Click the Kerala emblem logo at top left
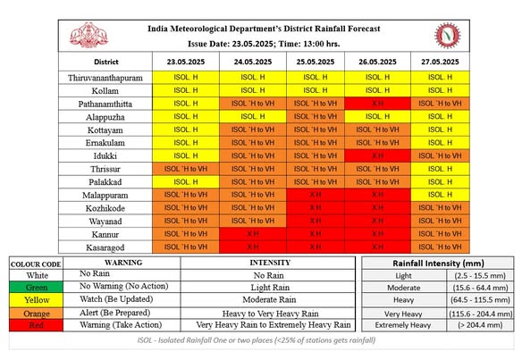(88, 35)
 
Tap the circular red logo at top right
(448, 35)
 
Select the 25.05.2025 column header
(316, 62)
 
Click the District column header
(106, 62)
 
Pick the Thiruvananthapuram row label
(105, 78)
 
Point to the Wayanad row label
(105, 222)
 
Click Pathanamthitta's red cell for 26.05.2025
(377, 104)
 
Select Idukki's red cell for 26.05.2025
(377, 155)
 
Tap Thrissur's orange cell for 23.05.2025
(186, 169)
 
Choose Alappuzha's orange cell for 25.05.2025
(316, 117)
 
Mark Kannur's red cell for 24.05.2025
(253, 234)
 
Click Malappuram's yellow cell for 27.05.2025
(440, 195)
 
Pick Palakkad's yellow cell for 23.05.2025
(186, 182)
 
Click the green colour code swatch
(37, 287)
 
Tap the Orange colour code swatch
(37, 314)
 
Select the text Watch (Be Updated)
(116, 299)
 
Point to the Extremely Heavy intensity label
(403, 325)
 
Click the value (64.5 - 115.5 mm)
(480, 300)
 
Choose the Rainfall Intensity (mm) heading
(438, 264)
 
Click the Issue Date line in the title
(264, 44)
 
